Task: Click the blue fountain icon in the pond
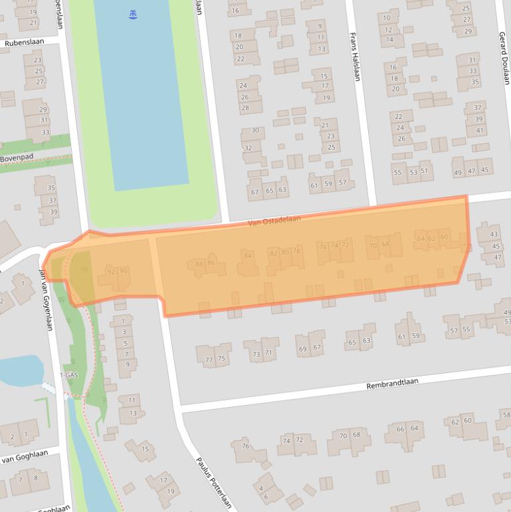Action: (x=134, y=14)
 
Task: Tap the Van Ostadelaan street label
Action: (x=274, y=220)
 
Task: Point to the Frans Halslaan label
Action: (x=356, y=58)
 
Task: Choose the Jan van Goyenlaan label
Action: (x=47, y=299)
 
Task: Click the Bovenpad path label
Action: (x=17, y=158)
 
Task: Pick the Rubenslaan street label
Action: (x=23, y=43)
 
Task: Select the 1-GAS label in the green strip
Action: (x=69, y=376)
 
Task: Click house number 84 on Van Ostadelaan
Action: (x=248, y=255)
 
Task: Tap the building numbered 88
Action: (x=199, y=263)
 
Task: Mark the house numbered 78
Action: (x=296, y=251)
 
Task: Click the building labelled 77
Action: (x=209, y=359)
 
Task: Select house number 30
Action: (x=255, y=130)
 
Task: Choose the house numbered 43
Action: (x=493, y=234)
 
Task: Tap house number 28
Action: (x=245, y=108)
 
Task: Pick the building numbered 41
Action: (x=479, y=130)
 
